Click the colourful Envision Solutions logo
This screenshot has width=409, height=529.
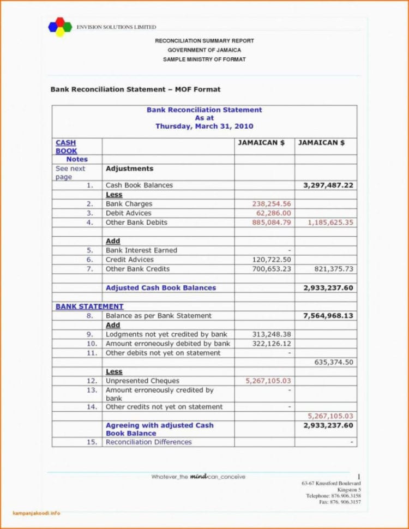(60, 27)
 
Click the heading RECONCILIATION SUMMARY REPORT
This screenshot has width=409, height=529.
(204, 41)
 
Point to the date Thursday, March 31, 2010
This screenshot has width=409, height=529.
(204, 126)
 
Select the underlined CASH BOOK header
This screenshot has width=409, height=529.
(66, 147)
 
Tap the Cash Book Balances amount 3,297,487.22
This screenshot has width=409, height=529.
(328, 185)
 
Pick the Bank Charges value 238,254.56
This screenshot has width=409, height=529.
(272, 204)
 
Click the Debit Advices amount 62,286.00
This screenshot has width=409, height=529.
(274, 213)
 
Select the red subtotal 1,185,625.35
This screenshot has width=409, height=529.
(330, 223)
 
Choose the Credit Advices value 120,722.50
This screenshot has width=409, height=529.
(272, 260)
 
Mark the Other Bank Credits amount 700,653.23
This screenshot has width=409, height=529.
(272, 269)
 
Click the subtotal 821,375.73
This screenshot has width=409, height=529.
(334, 269)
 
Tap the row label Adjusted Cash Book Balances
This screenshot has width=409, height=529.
(161, 288)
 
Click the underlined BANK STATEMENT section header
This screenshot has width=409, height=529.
(89, 306)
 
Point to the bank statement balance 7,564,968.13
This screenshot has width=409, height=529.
(328, 316)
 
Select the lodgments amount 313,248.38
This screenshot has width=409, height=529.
(272, 334)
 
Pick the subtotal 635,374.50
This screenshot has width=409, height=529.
(334, 362)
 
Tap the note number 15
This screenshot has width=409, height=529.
(92, 442)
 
